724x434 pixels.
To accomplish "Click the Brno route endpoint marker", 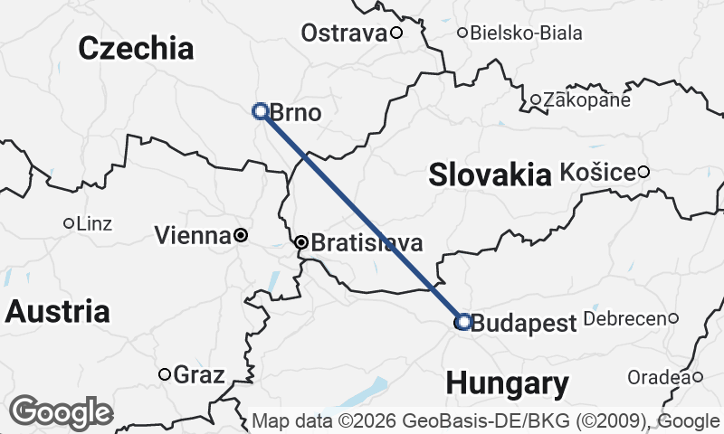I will pos(260,111).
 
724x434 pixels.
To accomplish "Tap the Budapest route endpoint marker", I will pos(463,321).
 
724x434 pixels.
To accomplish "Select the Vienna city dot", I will pos(241,235).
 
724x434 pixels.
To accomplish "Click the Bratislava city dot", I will pos(301,242).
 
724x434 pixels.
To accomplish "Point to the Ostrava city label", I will pos(343,33).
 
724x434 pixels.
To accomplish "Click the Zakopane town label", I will pos(586,100).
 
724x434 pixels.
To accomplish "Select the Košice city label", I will pos(597,171).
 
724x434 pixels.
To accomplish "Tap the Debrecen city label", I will pos(625,318).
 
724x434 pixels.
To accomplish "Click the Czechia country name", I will pos(136,49).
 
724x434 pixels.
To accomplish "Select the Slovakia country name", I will pos(490,174).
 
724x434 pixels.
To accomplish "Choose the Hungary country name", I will pos(507,382).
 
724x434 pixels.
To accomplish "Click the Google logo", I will pos(61,412).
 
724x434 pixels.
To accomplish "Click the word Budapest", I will pos(524,323).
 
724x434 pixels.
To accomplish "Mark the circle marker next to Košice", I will pos(643,172).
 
